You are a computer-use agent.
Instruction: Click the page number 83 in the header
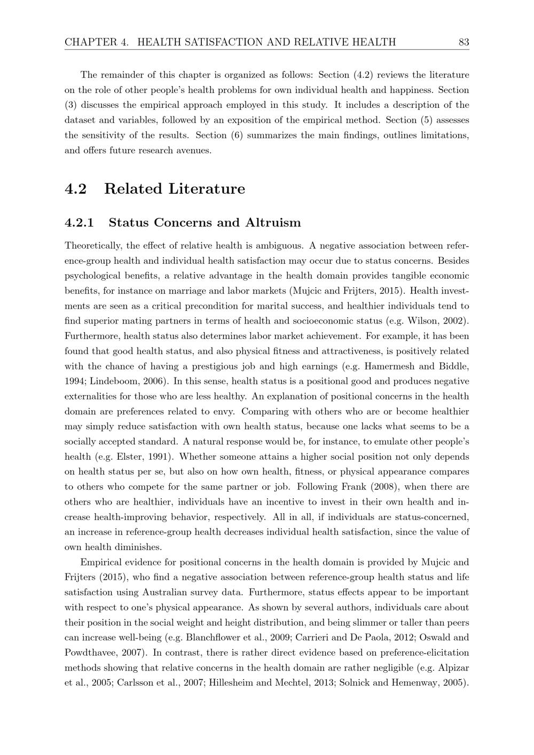click(x=464, y=42)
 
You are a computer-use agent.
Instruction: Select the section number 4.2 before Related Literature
click(x=75, y=189)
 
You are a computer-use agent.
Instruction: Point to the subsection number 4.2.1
click(x=79, y=223)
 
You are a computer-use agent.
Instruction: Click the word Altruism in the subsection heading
click(x=273, y=223)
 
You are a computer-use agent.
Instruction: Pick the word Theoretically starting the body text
click(x=94, y=246)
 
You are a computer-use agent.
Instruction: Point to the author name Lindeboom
click(x=115, y=381)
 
